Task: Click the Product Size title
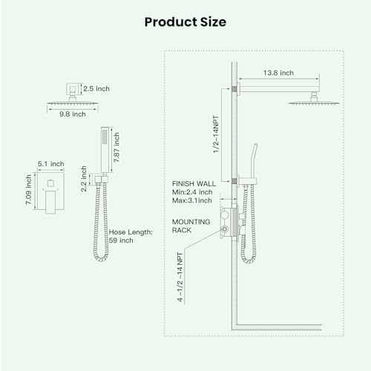(x=185, y=22)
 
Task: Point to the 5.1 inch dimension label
(x=51, y=164)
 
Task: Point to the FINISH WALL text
(x=193, y=183)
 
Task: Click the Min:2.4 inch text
(x=192, y=191)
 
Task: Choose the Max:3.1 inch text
(x=192, y=200)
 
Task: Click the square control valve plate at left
(x=51, y=197)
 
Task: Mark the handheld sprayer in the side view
(x=252, y=167)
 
